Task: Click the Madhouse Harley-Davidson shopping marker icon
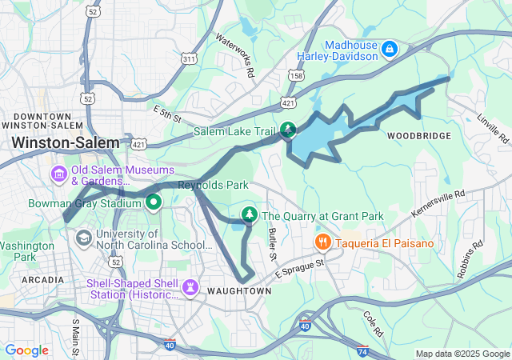point(390,50)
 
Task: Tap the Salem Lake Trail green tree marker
point(288,130)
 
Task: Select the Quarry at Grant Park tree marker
point(250,215)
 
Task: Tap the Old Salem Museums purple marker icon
point(58,174)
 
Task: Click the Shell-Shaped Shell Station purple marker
point(190,286)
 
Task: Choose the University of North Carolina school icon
point(83,238)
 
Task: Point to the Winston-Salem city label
point(66,143)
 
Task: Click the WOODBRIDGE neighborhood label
point(419,136)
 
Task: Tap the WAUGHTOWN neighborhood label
point(238,290)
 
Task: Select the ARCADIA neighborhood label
point(43,280)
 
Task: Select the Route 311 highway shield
point(189,59)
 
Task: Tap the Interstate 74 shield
point(362,350)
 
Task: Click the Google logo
point(26,350)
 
